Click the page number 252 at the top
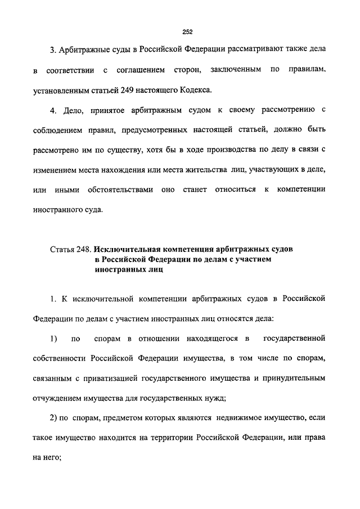[x=180, y=31]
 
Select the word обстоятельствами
[x=120, y=190]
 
